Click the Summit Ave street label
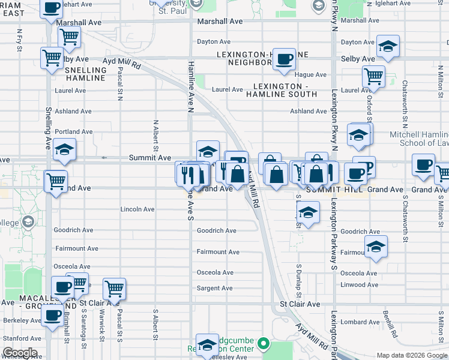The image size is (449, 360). [150, 157]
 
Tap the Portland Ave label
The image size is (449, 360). [73, 131]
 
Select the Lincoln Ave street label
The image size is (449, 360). [137, 209]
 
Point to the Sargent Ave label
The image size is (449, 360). [214, 288]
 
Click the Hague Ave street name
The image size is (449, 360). [310, 74]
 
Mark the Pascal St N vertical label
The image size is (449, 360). [121, 83]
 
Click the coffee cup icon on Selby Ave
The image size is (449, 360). [284, 59]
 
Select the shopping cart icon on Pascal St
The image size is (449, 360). [113, 289]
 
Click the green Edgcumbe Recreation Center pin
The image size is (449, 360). [262, 344]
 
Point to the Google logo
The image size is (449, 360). [20, 353]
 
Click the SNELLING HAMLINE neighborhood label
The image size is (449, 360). [85, 74]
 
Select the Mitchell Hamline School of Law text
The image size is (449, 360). [419, 138]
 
